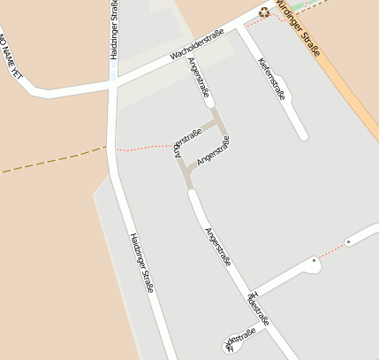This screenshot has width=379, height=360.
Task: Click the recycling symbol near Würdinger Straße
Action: [x=263, y=12]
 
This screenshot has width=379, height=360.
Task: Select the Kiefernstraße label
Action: [x=272, y=78]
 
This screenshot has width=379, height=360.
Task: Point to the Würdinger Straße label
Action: [x=298, y=27]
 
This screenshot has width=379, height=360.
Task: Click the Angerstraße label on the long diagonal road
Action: [x=217, y=247]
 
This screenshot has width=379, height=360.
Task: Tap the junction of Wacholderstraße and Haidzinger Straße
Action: [x=113, y=79]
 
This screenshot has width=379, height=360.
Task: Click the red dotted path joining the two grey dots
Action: [x=331, y=250]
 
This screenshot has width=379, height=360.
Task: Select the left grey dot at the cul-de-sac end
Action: [x=314, y=260]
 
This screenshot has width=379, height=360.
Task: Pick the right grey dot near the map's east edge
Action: [x=348, y=241]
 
